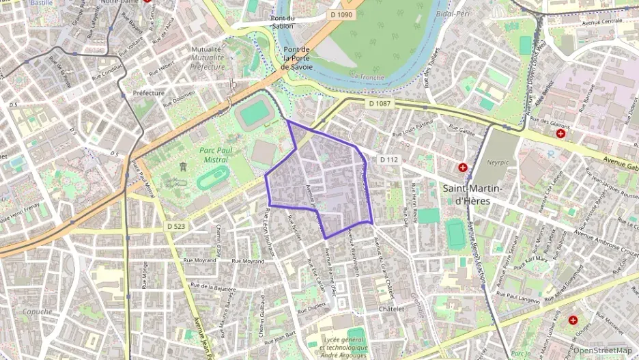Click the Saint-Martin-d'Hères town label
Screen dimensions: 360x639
[472, 195]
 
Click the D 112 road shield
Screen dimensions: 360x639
[388, 160]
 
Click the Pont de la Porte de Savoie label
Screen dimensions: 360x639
[296, 58]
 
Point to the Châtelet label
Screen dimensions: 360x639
[391, 309]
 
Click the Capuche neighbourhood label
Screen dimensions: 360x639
[37, 311]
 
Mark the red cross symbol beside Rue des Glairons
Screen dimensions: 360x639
[560, 133]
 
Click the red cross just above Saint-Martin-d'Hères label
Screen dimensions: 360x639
[463, 167]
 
